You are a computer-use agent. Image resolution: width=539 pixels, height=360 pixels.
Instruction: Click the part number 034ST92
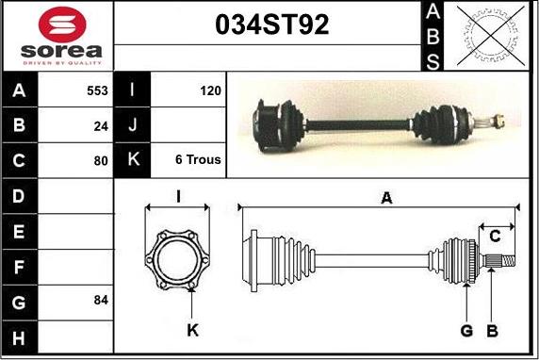coord(272,25)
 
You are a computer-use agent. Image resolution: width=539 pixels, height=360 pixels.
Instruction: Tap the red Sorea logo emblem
coord(62,25)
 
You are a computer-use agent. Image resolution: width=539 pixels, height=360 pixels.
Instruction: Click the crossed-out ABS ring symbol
coord(491,36)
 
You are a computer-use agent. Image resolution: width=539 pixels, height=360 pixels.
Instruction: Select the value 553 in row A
coord(97,90)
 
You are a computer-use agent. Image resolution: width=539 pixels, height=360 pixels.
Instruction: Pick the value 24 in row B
coord(101,126)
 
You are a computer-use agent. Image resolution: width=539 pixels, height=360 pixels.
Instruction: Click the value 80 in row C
coord(101,160)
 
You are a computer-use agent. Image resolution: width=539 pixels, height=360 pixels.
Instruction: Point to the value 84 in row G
coord(101,300)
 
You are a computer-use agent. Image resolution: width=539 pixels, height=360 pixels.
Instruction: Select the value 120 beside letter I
coord(210,90)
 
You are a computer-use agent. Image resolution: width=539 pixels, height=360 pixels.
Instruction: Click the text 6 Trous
coord(198,159)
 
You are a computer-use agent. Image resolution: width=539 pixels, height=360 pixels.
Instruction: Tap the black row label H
coord(19,337)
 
